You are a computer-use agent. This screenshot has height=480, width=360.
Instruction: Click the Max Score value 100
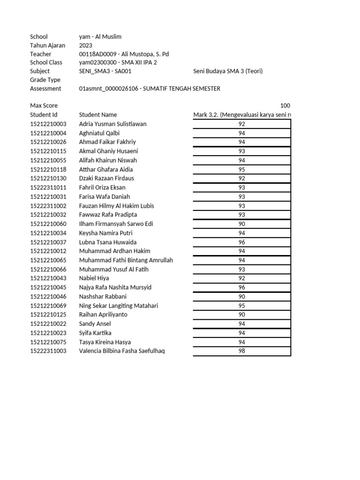point(285,106)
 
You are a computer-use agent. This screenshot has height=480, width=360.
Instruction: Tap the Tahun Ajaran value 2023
point(86,45)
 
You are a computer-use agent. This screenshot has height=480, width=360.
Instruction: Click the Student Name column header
point(98,115)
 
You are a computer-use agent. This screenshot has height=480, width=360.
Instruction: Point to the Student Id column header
point(44,115)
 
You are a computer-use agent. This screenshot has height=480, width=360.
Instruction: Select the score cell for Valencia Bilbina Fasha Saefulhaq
point(242,351)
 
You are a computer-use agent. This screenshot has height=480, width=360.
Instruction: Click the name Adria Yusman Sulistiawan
point(112,124)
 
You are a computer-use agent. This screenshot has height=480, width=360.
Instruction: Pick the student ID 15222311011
point(48,187)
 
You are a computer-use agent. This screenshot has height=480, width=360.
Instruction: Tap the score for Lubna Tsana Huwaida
point(242,242)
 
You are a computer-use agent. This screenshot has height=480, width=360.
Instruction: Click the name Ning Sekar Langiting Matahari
point(119,306)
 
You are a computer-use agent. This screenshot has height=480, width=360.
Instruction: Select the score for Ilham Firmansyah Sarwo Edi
point(242,224)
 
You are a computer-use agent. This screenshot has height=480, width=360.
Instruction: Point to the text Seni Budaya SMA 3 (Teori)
point(228,71)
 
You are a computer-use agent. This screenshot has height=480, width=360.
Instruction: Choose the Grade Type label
point(45,80)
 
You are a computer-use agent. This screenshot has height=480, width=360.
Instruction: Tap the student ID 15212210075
point(48,342)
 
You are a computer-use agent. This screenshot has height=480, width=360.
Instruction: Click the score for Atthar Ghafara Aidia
point(242,169)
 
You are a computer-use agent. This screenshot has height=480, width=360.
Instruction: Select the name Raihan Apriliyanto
point(103,315)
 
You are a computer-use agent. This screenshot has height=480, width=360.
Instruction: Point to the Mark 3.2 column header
point(242,115)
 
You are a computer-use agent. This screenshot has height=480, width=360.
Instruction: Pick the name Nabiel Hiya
point(94,278)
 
